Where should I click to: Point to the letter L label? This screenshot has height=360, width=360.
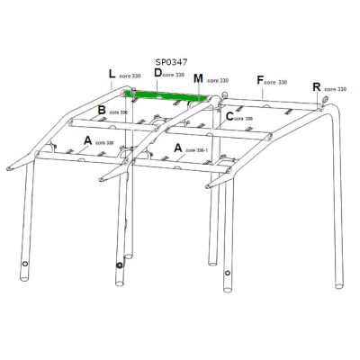(112, 74)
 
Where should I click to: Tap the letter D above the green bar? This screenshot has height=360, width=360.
(157, 73)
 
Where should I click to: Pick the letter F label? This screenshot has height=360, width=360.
(260, 80)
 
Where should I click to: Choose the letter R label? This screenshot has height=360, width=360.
(316, 87)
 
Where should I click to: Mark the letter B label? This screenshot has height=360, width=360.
(102, 111)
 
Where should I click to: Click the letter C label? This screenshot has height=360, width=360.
(229, 116)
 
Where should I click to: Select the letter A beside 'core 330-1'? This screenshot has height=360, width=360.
(178, 146)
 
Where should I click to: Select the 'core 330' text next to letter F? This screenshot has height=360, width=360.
(277, 83)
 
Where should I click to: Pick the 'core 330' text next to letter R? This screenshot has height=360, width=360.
(335, 90)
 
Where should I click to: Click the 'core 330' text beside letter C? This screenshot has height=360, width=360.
(245, 118)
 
